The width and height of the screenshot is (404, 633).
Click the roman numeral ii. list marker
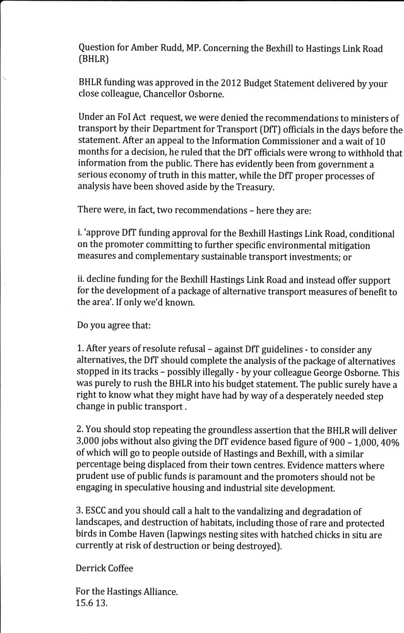(81, 279)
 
